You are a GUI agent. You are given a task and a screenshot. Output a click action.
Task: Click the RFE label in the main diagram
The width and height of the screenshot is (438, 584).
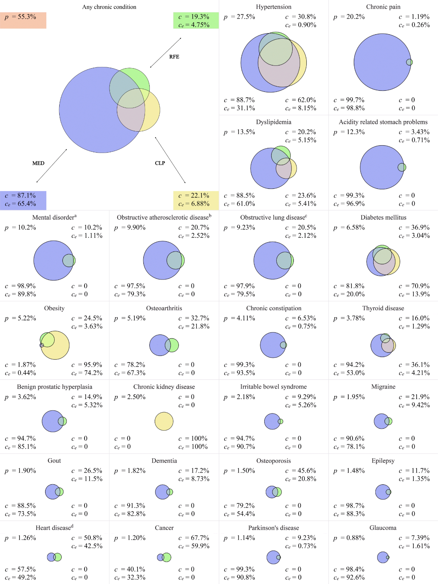pyautogui.click(x=174, y=57)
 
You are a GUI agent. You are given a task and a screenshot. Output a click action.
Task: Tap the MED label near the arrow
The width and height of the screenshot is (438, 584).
pyautogui.click(x=38, y=163)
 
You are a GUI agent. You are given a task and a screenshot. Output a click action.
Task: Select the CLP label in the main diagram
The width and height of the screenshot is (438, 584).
pyautogui.click(x=160, y=163)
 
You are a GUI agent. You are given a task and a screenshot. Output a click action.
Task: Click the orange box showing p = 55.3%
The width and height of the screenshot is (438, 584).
pyautogui.click(x=23, y=20)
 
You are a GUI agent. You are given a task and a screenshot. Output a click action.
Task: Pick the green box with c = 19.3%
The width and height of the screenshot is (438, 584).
pyautogui.click(x=196, y=21)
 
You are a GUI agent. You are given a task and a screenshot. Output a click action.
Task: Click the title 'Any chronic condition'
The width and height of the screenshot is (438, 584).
pyautogui.click(x=109, y=7)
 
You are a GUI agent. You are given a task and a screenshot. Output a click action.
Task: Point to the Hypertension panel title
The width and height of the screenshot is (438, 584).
pyautogui.click(x=274, y=7)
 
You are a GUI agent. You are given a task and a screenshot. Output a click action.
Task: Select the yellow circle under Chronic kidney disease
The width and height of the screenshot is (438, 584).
pyautogui.click(x=164, y=421)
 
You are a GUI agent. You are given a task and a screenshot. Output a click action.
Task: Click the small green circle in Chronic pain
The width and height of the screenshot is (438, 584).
pyautogui.click(x=410, y=62)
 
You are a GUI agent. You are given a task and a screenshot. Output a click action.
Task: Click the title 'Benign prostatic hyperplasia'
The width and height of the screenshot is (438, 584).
pyautogui.click(x=55, y=387)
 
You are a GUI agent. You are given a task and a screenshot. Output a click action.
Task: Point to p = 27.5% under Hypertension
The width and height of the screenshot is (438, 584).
pyautogui.click(x=239, y=17)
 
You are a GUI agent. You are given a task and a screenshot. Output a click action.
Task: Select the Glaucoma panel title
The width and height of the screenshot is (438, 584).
pyautogui.click(x=383, y=528)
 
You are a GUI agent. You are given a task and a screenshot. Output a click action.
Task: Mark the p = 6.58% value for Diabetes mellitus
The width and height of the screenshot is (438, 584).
pyautogui.click(x=349, y=227)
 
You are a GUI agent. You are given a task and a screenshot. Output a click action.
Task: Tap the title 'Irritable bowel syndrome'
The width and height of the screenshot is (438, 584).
pyautogui.click(x=273, y=387)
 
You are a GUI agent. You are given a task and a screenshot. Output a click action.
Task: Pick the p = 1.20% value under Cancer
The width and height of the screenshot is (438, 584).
pyautogui.click(x=130, y=538)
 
